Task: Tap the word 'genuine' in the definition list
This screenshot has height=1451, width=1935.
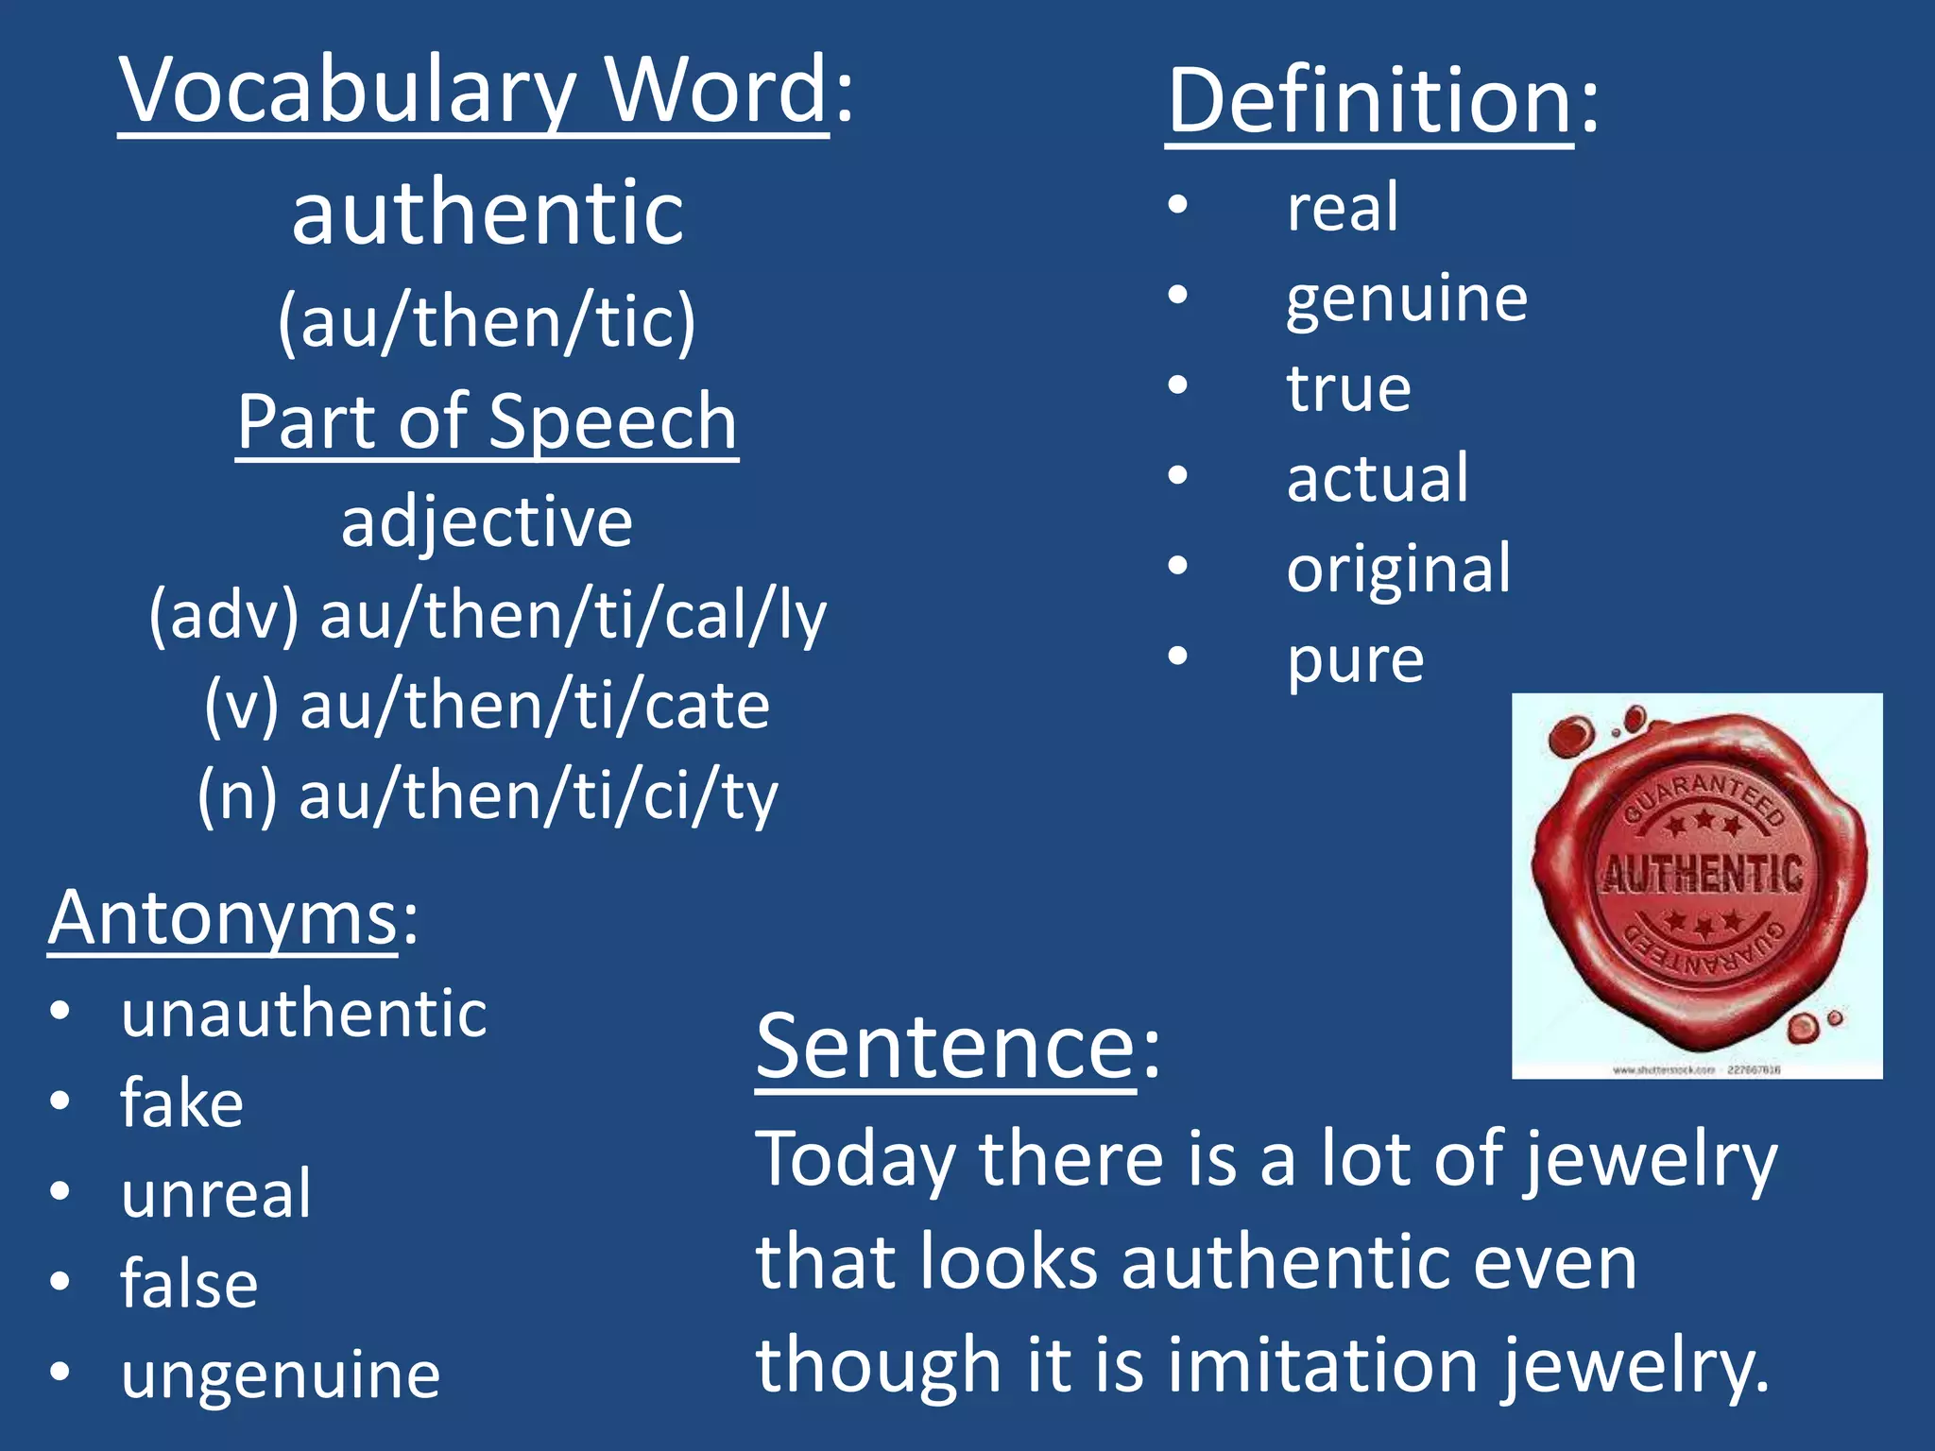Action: [1406, 300]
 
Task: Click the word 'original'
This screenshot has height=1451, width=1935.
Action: [1398, 571]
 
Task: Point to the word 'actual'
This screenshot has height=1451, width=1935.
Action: [1378, 478]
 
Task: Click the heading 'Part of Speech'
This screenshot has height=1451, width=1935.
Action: [487, 422]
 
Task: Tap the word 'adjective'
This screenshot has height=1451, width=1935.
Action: [487, 521]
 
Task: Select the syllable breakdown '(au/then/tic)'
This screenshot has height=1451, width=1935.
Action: [487, 322]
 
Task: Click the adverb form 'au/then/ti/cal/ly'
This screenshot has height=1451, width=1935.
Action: [573, 616]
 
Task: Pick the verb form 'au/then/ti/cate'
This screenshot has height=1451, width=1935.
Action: [535, 707]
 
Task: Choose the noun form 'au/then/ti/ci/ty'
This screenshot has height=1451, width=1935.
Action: [539, 796]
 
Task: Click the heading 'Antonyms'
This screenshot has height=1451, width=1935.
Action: [223, 918]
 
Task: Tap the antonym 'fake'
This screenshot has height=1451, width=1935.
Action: [181, 1103]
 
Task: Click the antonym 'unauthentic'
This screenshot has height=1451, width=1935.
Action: [304, 1014]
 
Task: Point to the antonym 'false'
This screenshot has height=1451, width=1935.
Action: [189, 1284]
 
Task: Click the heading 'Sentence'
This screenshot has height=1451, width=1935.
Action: [945, 1049]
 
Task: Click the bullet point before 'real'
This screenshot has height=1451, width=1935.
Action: [1177, 205]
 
